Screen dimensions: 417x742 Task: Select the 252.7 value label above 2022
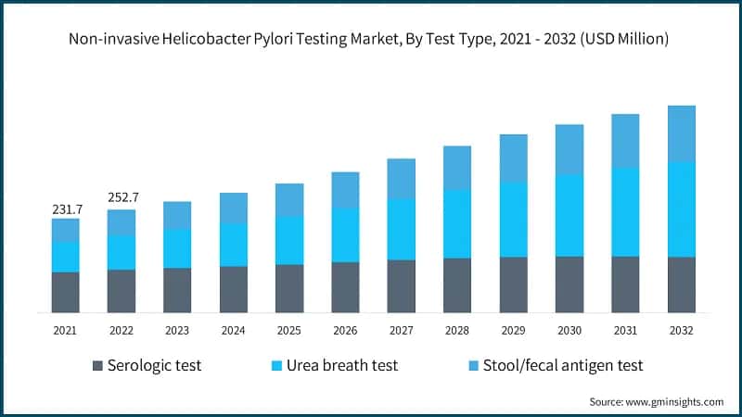click(122, 197)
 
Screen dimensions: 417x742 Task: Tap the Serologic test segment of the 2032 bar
click(682, 284)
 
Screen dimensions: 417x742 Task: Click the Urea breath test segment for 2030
click(569, 215)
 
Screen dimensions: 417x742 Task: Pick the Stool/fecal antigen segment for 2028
click(457, 168)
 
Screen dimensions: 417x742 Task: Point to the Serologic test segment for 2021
click(65, 292)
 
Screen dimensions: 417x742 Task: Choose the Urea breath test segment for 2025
click(289, 240)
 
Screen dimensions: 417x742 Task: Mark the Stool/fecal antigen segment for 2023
click(177, 215)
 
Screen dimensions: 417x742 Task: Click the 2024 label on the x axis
click(233, 330)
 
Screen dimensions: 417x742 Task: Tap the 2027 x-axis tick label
click(401, 330)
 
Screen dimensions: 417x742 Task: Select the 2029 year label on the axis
click(513, 330)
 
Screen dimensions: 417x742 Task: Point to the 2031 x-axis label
click(625, 330)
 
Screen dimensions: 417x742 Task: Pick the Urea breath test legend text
click(344, 366)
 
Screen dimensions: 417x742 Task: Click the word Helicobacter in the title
click(209, 39)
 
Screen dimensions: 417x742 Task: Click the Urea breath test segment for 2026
click(345, 234)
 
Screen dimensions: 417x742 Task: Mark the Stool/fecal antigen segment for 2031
click(625, 141)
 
